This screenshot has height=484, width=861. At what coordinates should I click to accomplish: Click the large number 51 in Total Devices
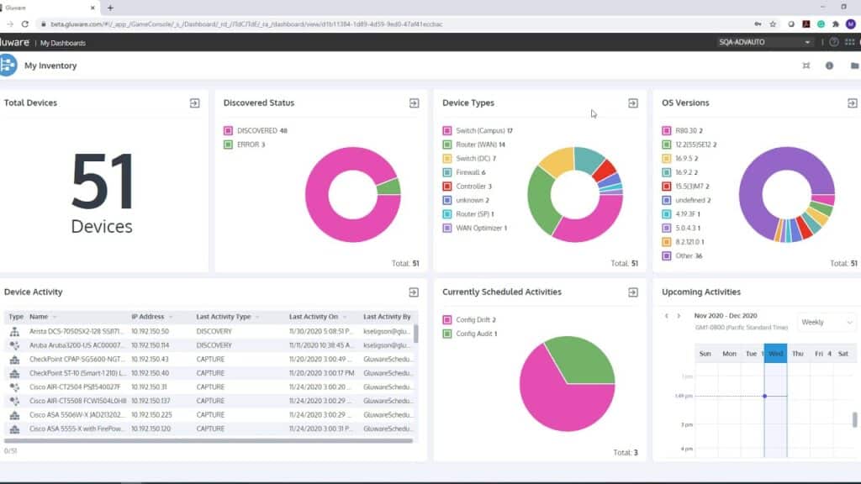(102, 182)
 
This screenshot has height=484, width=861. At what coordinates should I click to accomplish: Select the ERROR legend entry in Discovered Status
(250, 145)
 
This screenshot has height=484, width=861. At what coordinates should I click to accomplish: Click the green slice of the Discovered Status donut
(388, 187)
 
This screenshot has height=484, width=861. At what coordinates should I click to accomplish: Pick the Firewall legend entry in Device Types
(470, 172)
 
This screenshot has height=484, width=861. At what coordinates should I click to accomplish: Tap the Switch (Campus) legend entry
(483, 131)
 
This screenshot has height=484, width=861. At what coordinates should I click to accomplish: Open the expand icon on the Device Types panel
(633, 103)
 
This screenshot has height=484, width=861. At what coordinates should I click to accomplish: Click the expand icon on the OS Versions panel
(852, 103)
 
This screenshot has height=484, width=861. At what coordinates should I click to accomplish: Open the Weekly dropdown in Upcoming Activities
(826, 322)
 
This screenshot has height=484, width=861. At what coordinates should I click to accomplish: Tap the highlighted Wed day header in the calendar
(775, 354)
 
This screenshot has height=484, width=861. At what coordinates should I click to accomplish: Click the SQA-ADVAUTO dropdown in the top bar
(764, 42)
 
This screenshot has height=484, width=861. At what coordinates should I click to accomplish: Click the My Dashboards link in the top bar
(63, 43)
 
